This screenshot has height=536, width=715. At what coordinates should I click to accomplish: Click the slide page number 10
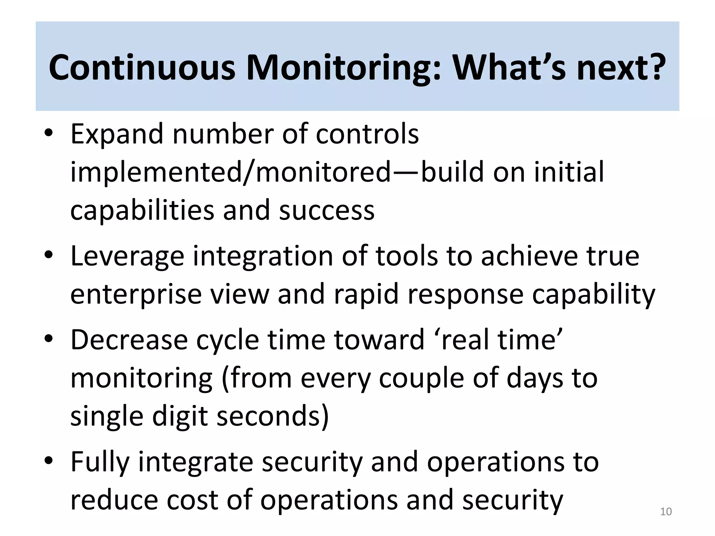coord(666,512)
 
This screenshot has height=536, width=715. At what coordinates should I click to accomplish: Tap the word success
coord(327,210)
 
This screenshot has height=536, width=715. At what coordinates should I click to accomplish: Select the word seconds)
coord(273,416)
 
